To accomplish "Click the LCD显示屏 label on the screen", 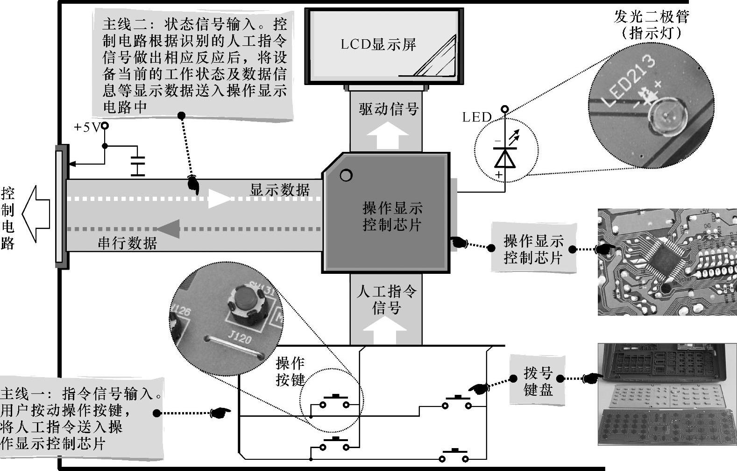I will tap(378, 45).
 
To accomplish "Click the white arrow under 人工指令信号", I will tap(387, 330).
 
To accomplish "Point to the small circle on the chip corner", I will tap(346, 176).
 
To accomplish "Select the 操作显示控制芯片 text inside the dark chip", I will tap(392, 216).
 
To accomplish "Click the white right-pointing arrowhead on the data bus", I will tap(219, 199).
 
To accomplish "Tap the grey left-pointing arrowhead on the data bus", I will tap(169, 229).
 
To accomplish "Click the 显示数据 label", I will tap(280, 190).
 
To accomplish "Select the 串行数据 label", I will tap(127, 243).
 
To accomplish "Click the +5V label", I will tap(87, 127).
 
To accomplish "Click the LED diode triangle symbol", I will tap(504, 159).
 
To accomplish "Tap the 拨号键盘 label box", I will tap(538, 381).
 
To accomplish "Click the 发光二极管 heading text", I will tap(651, 17).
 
